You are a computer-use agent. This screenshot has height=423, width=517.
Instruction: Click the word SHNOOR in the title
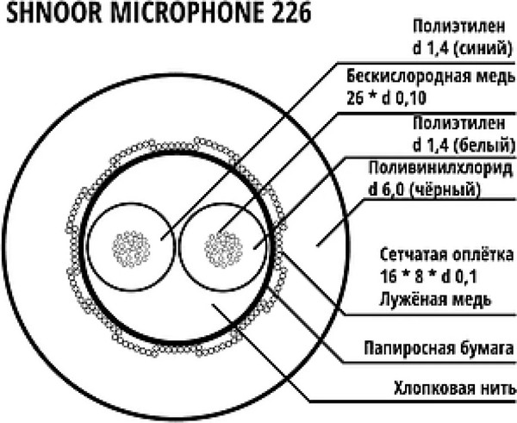pyautogui.click(x=54, y=13)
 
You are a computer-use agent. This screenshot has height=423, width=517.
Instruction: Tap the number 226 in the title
pyautogui.click(x=291, y=13)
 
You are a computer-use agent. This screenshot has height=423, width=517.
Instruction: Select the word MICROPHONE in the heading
pyautogui.click(x=187, y=13)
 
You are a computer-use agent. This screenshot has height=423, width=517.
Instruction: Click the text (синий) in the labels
pyautogui.click(x=483, y=49)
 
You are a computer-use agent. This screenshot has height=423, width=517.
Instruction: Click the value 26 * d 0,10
pyautogui.click(x=386, y=98)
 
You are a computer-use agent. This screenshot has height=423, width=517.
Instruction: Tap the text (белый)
pyautogui.click(x=483, y=145)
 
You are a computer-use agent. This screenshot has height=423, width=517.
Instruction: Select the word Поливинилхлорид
pyautogui.click(x=441, y=168)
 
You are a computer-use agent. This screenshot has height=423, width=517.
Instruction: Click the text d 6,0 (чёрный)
pyautogui.click(x=425, y=190)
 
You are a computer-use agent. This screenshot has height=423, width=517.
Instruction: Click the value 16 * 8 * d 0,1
pyautogui.click(x=428, y=277)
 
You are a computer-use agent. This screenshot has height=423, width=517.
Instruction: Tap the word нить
pyautogui.click(x=500, y=388)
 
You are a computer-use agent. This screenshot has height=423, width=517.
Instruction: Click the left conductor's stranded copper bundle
pyautogui.click(x=131, y=249)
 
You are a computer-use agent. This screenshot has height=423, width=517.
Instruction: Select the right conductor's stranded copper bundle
pyautogui.click(x=223, y=249)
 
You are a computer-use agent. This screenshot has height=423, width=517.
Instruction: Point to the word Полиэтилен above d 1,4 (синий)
pyautogui.click(x=459, y=27)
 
